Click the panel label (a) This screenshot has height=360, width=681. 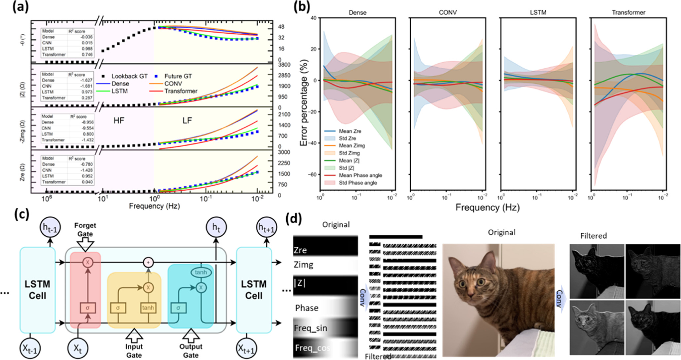[x=20, y=7]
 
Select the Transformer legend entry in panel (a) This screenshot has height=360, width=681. [x=181, y=91]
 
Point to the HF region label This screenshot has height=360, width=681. [x=119, y=121]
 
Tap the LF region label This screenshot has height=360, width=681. [x=187, y=121]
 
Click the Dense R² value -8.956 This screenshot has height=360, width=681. [x=87, y=122]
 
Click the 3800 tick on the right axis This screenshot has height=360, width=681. [x=284, y=65]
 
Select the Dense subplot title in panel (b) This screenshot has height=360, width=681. [x=358, y=13]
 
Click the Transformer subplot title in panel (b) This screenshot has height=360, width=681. [x=628, y=13]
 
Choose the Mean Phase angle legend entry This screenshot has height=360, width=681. [x=360, y=175]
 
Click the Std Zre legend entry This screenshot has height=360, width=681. [x=347, y=138]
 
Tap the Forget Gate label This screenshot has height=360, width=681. [x=85, y=230]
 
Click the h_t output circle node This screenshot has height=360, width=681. [x=216, y=227]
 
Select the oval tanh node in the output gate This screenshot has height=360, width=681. [x=201, y=272]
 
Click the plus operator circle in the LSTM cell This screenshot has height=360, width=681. [x=149, y=263]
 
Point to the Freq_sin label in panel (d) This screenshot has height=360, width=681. [x=311, y=328]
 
